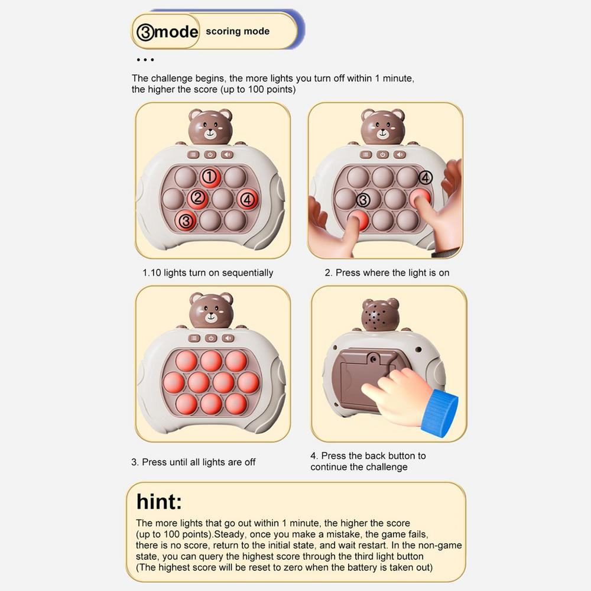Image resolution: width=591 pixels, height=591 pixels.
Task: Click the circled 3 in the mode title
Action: (145, 32)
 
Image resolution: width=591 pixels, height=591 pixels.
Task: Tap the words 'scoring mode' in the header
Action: (238, 31)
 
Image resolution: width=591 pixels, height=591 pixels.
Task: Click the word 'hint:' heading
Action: (159, 502)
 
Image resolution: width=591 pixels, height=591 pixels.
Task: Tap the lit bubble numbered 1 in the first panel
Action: (210, 177)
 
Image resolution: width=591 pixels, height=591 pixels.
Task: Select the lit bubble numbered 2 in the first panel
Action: (198, 198)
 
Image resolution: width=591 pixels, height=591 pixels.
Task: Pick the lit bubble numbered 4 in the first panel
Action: (247, 199)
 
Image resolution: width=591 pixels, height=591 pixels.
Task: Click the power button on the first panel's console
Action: (210, 154)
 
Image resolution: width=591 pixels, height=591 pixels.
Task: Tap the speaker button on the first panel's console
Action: (227, 154)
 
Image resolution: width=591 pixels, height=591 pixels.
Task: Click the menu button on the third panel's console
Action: (194, 338)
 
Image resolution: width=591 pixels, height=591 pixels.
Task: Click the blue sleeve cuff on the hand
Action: (440, 413)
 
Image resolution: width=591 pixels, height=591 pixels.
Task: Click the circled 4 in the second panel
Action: (425, 177)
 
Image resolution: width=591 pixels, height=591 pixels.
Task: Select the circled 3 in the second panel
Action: (363, 200)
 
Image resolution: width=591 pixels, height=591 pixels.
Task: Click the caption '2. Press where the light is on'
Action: (387, 273)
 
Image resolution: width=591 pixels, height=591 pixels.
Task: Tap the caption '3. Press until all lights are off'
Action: (193, 462)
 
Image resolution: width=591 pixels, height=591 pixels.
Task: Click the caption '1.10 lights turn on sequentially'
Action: (207, 273)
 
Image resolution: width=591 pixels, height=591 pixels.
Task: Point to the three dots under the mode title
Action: (145, 60)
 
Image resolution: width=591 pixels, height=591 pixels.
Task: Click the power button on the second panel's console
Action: (382, 154)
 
